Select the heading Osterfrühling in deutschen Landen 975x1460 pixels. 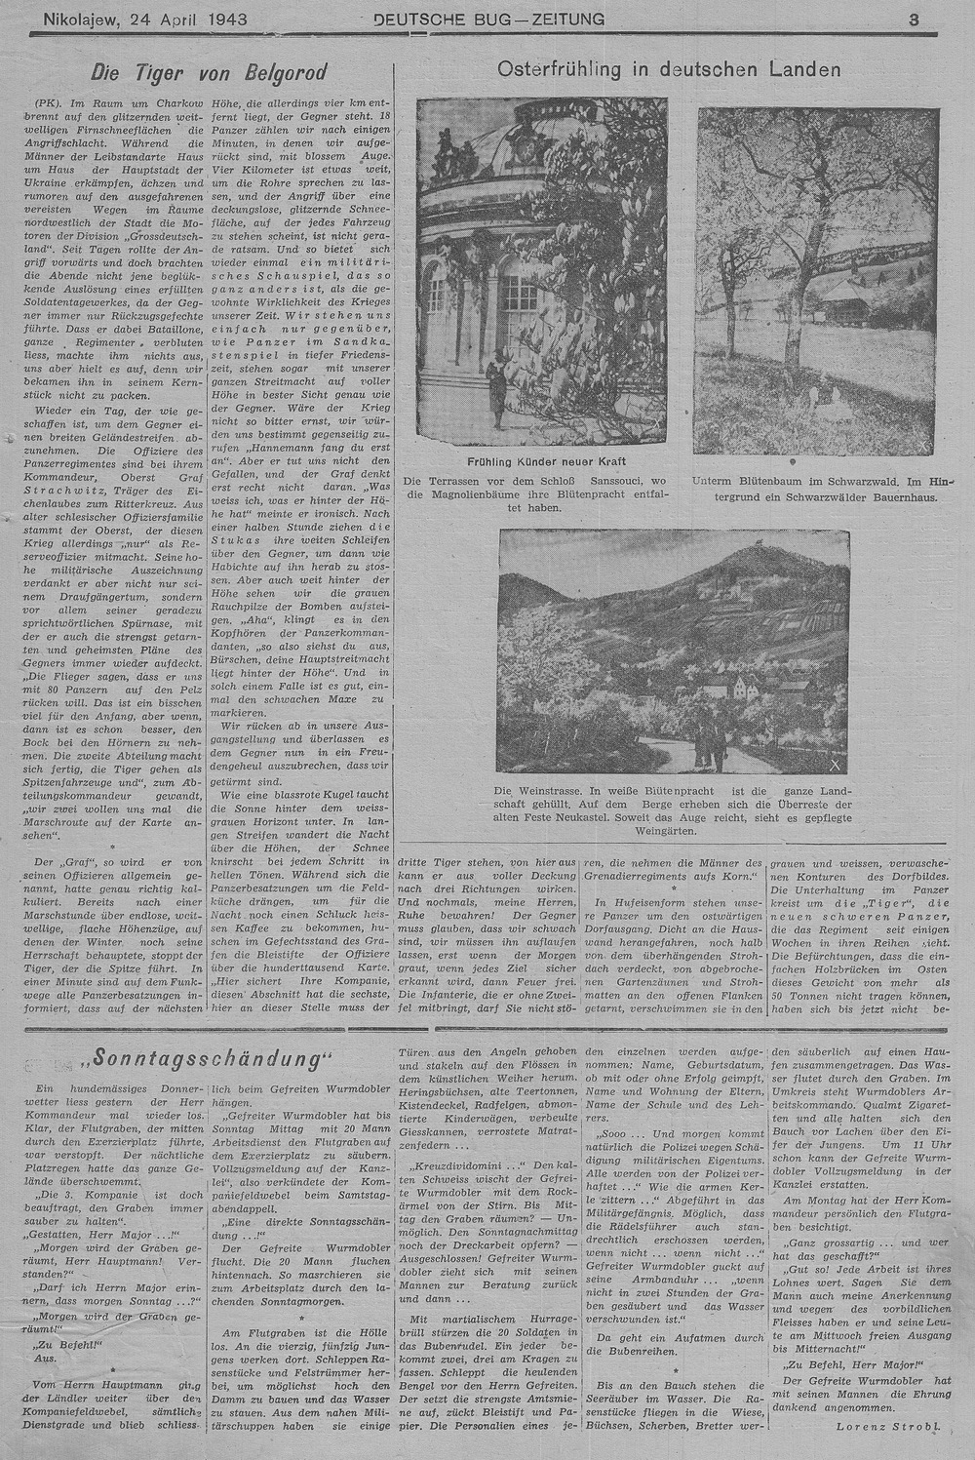point(669,69)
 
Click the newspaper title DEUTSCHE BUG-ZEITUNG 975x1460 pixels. point(487,19)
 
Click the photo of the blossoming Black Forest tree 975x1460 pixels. point(814,278)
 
